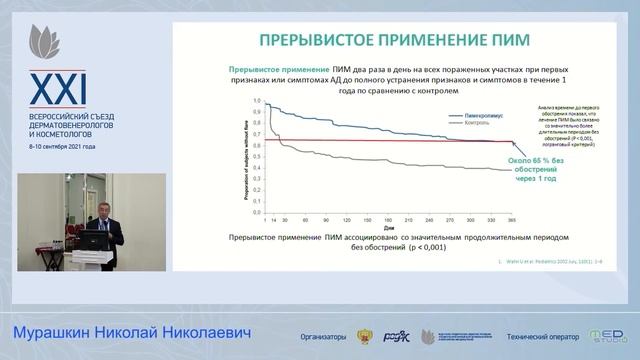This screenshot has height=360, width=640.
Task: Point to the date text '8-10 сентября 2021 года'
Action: coord(62,146)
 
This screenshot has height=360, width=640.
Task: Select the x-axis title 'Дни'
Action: coord(372,225)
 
